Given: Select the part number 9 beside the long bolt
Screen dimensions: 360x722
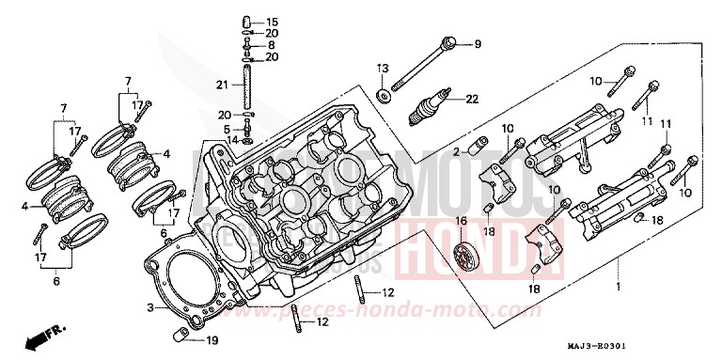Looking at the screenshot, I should coord(477,44).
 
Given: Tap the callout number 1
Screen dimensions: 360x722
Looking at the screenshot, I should coord(617,285).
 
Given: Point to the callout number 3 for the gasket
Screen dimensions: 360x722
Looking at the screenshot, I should coord(150,307).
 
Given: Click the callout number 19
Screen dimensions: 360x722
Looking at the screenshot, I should coord(212,340).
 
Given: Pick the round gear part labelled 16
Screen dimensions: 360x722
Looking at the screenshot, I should coord(462,258).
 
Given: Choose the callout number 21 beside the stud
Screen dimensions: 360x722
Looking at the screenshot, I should coord(222,86).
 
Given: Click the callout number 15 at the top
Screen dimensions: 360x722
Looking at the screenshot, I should coord(272,22).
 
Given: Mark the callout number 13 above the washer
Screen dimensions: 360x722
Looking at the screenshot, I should coord(383,68).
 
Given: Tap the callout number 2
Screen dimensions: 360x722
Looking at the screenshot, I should coord(457,151).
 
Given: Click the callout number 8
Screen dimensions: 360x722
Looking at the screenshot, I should coord(272,45).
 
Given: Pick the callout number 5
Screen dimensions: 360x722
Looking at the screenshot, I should coord(227,129).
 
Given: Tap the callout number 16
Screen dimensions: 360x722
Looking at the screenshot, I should coord(462,221).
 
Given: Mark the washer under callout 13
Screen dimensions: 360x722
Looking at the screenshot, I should coord(384,96).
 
